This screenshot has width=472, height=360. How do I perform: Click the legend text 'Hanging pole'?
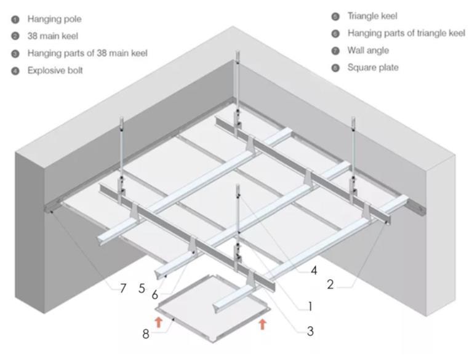pyautogui.click(x=55, y=19)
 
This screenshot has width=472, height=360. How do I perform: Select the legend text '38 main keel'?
pyautogui.click(x=53, y=36)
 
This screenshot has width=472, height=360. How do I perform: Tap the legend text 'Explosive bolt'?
pyautogui.click(x=55, y=70)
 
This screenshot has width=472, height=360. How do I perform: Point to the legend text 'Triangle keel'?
pyautogui.click(x=372, y=16)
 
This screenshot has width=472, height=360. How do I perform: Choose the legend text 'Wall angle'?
pyautogui.click(x=368, y=50)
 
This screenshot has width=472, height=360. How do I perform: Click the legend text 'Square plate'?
pyautogui.click(x=373, y=68)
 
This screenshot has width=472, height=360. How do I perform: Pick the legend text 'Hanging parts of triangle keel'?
pyautogui.click(x=406, y=33)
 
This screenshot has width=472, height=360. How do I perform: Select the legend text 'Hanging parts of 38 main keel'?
pyautogui.click(x=87, y=54)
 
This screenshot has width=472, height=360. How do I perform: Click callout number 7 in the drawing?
pyautogui.click(x=123, y=289)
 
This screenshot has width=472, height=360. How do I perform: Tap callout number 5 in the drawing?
pyautogui.click(x=142, y=289)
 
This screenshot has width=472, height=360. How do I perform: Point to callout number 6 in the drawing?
pyautogui.click(x=154, y=295)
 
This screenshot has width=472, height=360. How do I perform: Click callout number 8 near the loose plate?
pyautogui.click(x=146, y=334)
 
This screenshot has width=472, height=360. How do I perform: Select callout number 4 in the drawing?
pyautogui.click(x=314, y=271)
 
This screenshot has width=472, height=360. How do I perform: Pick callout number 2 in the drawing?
pyautogui.click(x=330, y=284)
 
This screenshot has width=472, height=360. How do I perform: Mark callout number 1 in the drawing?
pyautogui.click(x=310, y=306)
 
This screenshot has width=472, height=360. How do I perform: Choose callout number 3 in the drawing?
pyautogui.click(x=310, y=331)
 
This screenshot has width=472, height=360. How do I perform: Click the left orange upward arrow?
pyautogui.click(x=158, y=322)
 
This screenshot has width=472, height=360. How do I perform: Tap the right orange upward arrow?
pyautogui.click(x=263, y=324)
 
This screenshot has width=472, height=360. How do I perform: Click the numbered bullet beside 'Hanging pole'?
pyautogui.click(x=15, y=20)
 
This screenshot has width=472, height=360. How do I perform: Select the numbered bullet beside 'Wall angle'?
pyautogui.click(x=335, y=51)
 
